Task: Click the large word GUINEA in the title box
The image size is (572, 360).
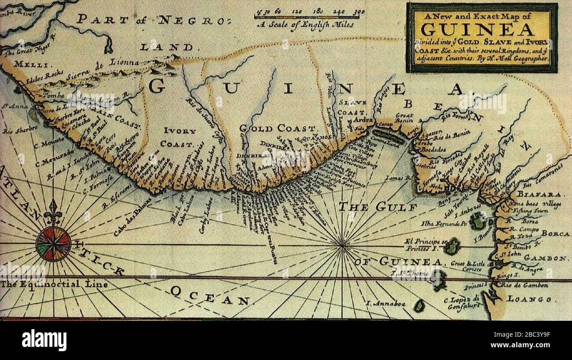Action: point(478,29)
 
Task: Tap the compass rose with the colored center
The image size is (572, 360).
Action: point(53,243)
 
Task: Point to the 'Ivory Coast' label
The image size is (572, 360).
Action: point(178,137)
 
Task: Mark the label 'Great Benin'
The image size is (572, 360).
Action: point(403,118)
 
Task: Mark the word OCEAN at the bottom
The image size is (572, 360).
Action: point(210,296)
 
